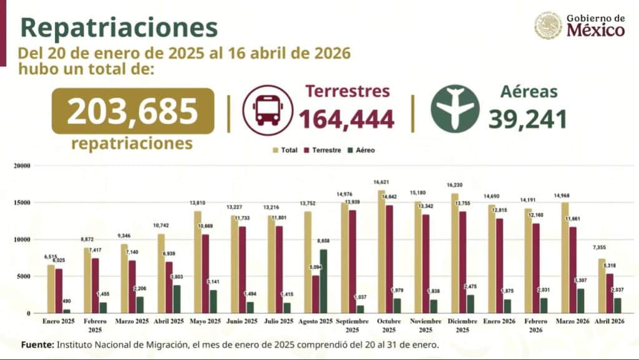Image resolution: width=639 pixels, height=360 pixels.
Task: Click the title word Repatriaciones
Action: tap(119, 27)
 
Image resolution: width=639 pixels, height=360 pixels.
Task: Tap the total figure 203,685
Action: tap(132, 111)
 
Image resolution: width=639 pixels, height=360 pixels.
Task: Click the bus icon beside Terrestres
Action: tap(267, 110)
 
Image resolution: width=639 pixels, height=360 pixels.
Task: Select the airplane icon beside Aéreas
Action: tap(455, 109)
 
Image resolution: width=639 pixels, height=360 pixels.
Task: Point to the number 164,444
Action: tap(346, 119)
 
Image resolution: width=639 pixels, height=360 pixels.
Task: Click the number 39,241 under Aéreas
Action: tap(527, 119)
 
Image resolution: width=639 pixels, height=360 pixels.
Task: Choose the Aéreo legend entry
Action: tap(362, 150)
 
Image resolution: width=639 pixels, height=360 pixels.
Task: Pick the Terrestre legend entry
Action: tap(323, 150)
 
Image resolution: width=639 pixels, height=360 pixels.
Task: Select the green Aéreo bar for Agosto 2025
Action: tap(323, 281)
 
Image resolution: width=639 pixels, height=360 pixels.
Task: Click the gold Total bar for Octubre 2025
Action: tap(381, 251)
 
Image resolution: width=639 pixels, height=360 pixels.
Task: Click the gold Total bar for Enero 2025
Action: tap(51, 289)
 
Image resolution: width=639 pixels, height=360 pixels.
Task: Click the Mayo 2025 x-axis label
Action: tap(205, 321)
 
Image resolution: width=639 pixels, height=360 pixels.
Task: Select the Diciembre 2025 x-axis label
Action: tap(462, 324)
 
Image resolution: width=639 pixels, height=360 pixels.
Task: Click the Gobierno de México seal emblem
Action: tap(548, 25)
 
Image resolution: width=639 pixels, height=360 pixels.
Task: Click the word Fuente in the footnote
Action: tap(37, 344)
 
